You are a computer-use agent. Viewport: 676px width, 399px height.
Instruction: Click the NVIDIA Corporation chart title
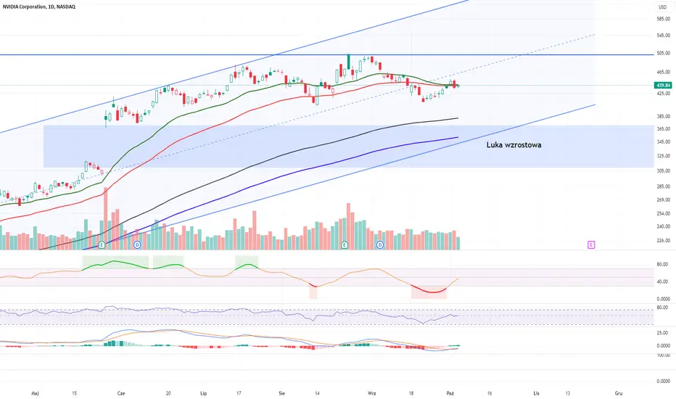click(38, 7)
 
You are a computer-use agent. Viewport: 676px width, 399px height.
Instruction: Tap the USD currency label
click(662, 7)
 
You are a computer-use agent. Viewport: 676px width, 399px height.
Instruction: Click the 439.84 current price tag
click(663, 86)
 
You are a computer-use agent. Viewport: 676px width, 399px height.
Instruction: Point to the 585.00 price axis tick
click(663, 19)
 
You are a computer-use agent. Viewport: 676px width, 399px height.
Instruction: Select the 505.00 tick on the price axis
click(663, 54)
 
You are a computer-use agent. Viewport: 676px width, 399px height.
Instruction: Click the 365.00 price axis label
click(663, 128)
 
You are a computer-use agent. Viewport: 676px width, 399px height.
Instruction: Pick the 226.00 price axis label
click(663, 240)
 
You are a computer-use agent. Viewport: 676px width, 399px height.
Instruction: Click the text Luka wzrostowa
click(514, 145)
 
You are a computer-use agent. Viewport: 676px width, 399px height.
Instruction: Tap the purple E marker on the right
click(591, 245)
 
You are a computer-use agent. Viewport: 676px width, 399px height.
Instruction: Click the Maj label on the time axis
click(36, 393)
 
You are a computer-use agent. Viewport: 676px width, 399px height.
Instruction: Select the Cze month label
click(121, 393)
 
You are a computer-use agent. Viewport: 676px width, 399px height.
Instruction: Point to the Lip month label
click(204, 393)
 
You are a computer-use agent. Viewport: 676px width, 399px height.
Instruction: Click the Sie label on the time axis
click(282, 393)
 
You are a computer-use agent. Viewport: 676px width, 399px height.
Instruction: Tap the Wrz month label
click(371, 393)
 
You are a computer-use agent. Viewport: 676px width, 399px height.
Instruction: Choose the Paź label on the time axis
click(450, 393)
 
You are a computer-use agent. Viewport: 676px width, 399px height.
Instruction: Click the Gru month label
click(619, 393)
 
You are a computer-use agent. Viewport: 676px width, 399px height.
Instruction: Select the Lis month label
click(536, 393)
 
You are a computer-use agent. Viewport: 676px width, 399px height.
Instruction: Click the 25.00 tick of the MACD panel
click(664, 332)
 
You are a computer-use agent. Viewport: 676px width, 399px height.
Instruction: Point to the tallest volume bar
click(106, 218)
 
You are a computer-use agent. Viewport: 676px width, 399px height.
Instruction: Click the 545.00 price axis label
click(663, 36)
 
